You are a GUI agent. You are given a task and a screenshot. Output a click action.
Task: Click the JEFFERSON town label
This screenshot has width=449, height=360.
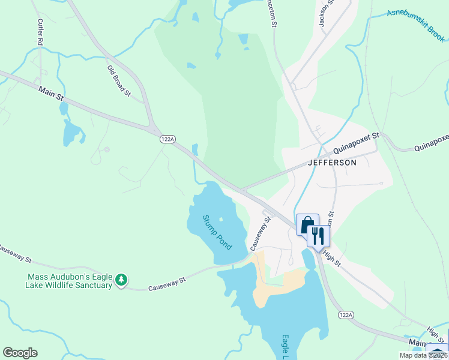click(332, 163)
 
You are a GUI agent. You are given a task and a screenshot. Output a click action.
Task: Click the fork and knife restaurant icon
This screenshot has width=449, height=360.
click(318, 235)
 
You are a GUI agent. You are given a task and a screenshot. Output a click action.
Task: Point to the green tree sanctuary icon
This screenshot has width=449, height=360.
click(121, 280)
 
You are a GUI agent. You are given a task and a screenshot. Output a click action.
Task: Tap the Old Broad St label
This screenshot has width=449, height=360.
click(119, 80)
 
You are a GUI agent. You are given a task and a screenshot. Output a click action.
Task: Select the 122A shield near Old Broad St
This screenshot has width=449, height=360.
click(167, 139)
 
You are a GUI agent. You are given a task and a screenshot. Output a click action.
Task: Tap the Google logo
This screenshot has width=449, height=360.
click(20, 353)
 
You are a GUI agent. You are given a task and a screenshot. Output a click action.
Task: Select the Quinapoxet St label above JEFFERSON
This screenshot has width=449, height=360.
click(358, 143)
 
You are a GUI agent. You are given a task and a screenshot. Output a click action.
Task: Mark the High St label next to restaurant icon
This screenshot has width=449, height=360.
click(331, 259)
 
